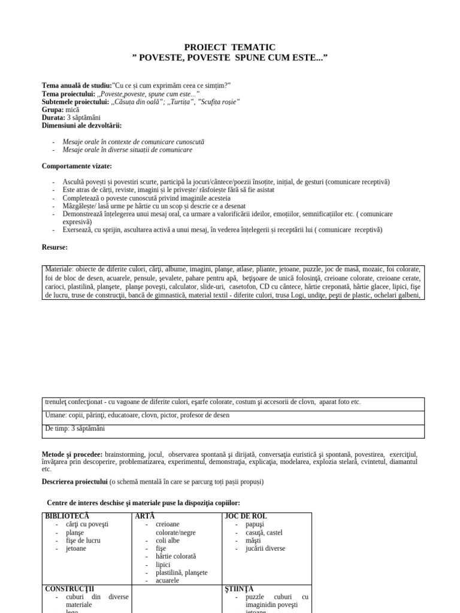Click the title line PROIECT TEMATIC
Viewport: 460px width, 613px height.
pyautogui.click(x=229, y=47)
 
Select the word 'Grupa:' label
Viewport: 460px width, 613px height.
pyautogui.click(x=55, y=110)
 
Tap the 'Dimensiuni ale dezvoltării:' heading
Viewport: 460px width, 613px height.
pyautogui.click(x=81, y=125)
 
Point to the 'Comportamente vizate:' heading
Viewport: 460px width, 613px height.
pyautogui.click(x=77, y=166)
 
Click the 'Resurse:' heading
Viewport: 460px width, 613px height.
pyautogui.click(x=55, y=247)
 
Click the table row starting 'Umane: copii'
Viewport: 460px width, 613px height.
pyautogui.click(x=137, y=415)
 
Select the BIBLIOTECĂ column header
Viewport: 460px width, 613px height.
pyautogui.click(x=67, y=516)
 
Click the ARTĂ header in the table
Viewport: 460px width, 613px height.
pyautogui.click(x=144, y=516)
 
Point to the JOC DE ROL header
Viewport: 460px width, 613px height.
pyautogui.click(x=246, y=516)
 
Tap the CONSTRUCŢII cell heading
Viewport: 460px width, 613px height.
pyautogui.click(x=69, y=588)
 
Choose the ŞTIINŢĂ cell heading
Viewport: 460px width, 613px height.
pyautogui.click(x=241, y=588)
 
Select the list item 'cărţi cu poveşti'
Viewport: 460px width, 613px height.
pyautogui.click(x=88, y=524)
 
